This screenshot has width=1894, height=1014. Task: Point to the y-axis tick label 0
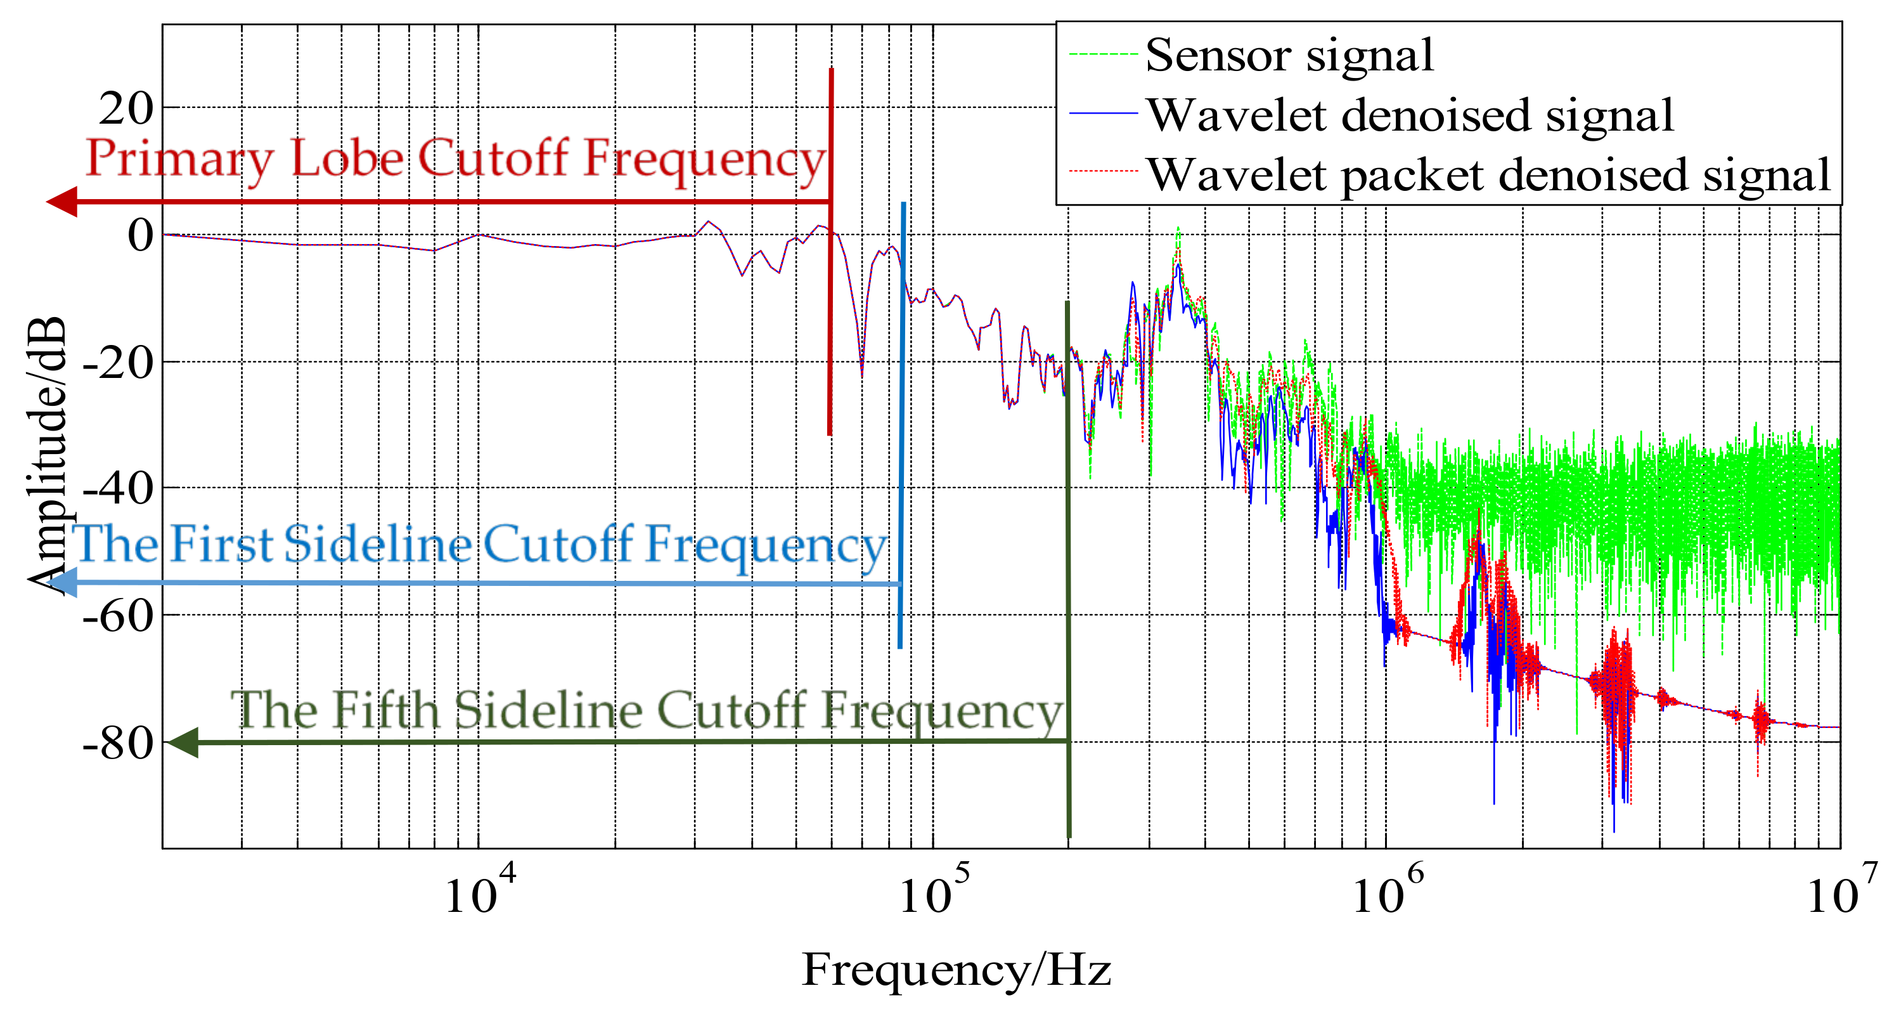pyautogui.click(x=141, y=236)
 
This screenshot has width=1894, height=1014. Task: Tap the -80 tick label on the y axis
pyautogui.click(x=118, y=743)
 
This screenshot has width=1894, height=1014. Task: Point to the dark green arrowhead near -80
pyautogui.click(x=183, y=742)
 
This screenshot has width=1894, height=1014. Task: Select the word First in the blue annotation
pyautogui.click(x=221, y=545)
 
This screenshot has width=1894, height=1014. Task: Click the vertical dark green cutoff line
pyautogui.click(x=1068, y=588)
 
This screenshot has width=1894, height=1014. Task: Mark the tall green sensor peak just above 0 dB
pyautogui.click(x=1178, y=234)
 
